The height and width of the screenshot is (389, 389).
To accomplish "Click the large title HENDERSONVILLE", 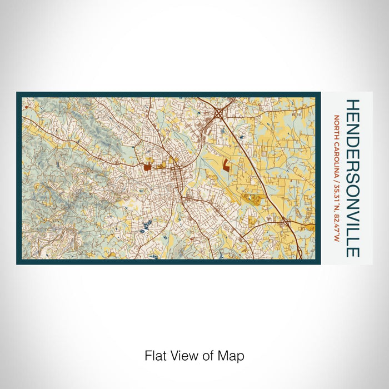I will click(x=353, y=178).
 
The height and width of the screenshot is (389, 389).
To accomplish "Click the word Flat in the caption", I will click(x=155, y=355).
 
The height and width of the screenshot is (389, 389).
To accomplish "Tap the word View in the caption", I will click(x=181, y=355).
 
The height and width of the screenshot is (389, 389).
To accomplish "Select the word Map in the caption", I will click(x=233, y=355).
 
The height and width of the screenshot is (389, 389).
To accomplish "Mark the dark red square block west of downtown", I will click(x=147, y=166).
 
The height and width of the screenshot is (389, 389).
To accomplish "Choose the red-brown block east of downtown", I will click(x=227, y=164).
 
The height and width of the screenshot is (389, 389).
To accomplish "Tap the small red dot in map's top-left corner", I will click(x=25, y=107).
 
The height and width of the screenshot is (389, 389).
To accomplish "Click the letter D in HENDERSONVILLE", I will click(x=353, y=139).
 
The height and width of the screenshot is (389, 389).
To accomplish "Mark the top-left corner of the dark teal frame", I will click(x=17, y=93).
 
